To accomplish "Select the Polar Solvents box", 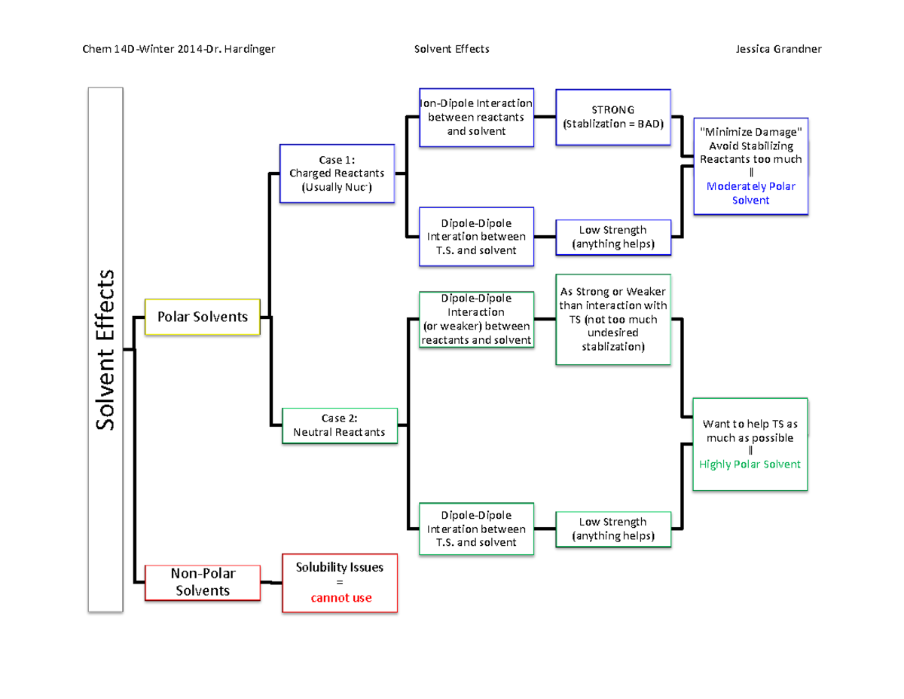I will [202, 317].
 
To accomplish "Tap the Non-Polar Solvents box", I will [202, 583].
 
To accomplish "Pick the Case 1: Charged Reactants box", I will [337, 173].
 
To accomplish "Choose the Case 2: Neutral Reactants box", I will [339, 425].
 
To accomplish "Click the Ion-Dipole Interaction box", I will [476, 118].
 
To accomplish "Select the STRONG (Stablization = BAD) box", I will [612, 117].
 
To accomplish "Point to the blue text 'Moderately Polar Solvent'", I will [750, 193].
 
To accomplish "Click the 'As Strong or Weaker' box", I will [612, 319].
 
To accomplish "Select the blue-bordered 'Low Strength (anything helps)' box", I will [612, 237].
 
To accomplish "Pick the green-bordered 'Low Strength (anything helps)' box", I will [612, 529].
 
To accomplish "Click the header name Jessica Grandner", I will [778, 49].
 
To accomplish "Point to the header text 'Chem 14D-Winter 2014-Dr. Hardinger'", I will [178, 49].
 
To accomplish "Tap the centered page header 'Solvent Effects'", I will [452, 49].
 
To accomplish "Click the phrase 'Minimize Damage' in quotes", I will [750, 132].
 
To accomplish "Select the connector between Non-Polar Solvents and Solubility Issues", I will [271, 582].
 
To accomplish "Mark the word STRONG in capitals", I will [612, 110].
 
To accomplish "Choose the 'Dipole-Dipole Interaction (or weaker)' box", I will [476, 319].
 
